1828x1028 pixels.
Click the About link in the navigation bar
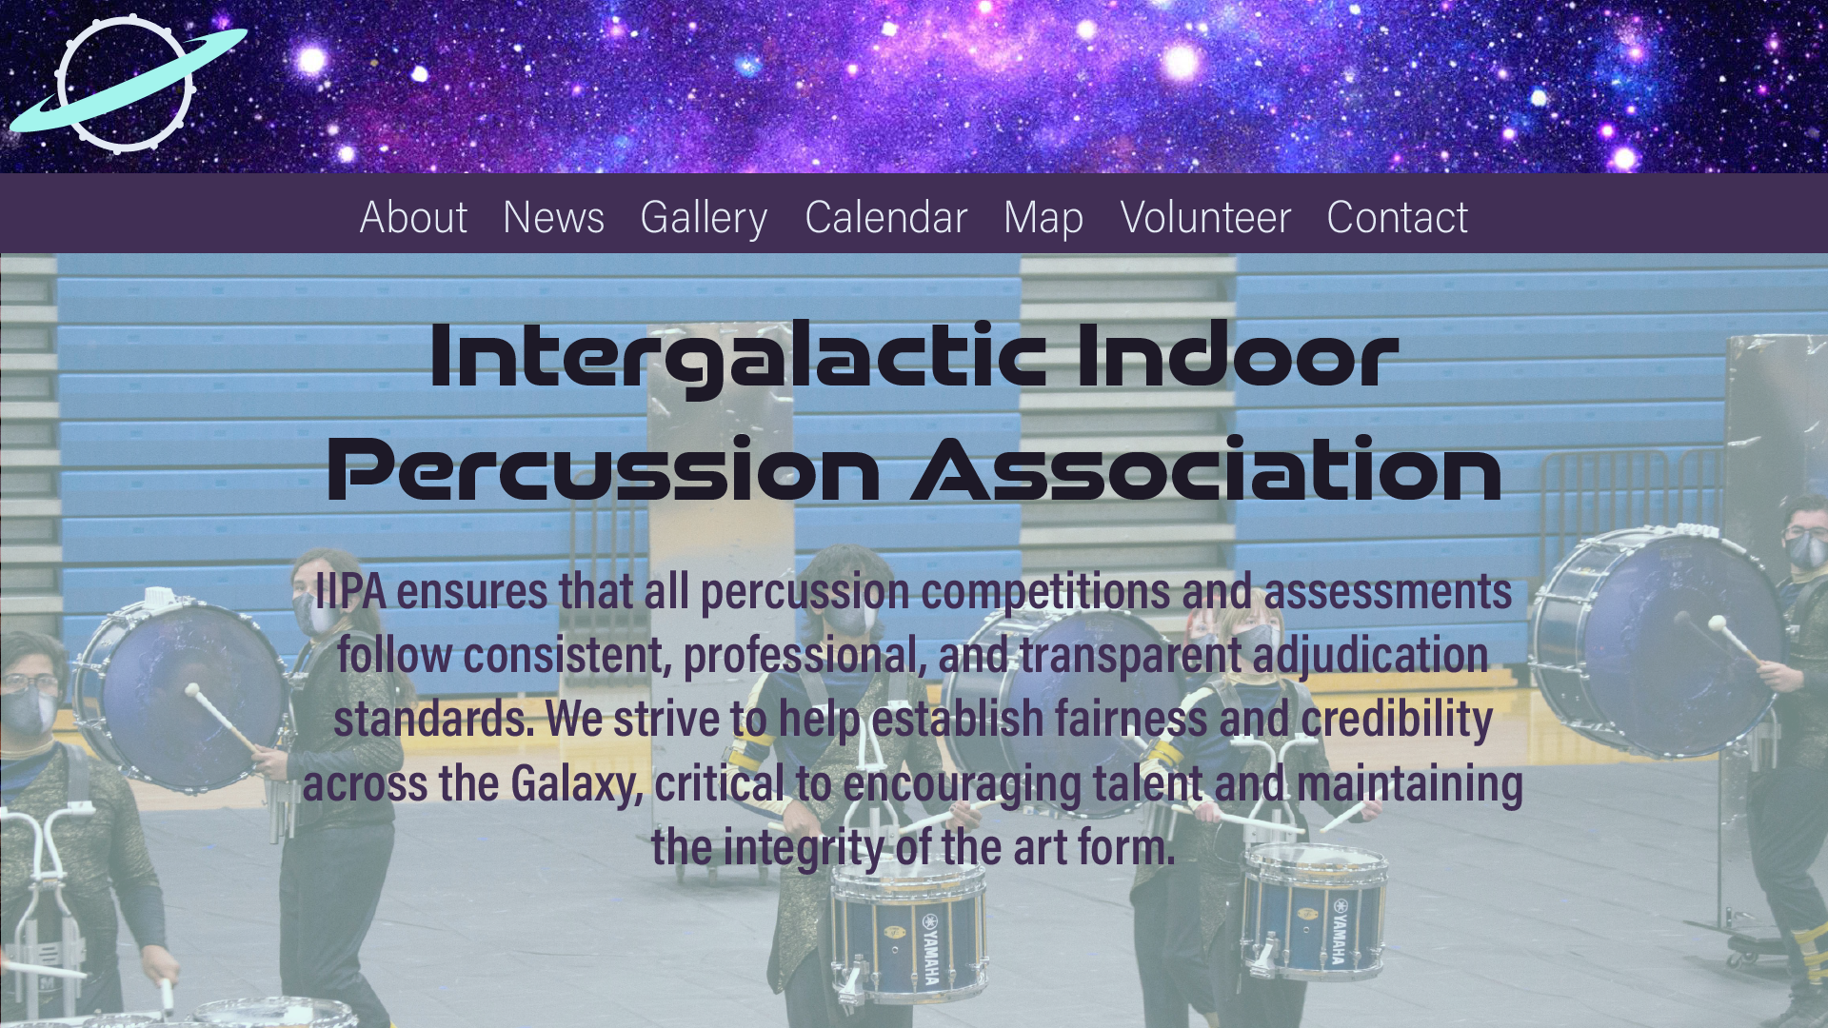[413, 217]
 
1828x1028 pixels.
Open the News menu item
[553, 217]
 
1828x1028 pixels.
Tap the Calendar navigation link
[885, 217]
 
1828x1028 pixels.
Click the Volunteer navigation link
[1205, 217]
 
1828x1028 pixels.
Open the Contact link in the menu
[1397, 217]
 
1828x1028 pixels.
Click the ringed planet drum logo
[128, 84]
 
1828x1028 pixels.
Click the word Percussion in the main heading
[604, 468]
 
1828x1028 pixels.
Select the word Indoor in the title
[1237, 354]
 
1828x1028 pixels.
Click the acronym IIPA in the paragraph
[350, 591]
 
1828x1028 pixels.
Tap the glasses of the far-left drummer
[30, 682]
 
